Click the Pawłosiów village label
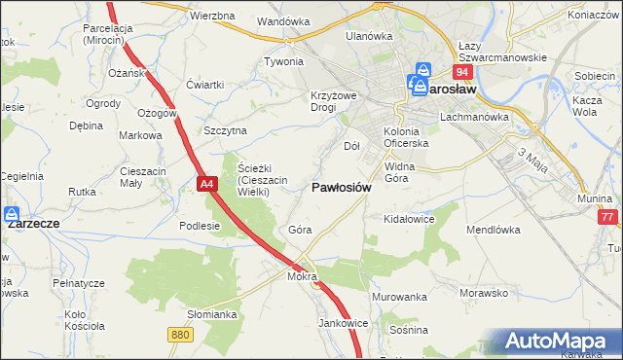click(341, 188)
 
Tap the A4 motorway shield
click(205, 183)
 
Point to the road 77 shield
click(608, 218)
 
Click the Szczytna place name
click(225, 130)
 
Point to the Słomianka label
click(212, 314)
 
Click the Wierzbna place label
click(212, 18)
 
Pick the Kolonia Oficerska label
click(407, 137)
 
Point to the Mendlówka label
click(495, 232)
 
